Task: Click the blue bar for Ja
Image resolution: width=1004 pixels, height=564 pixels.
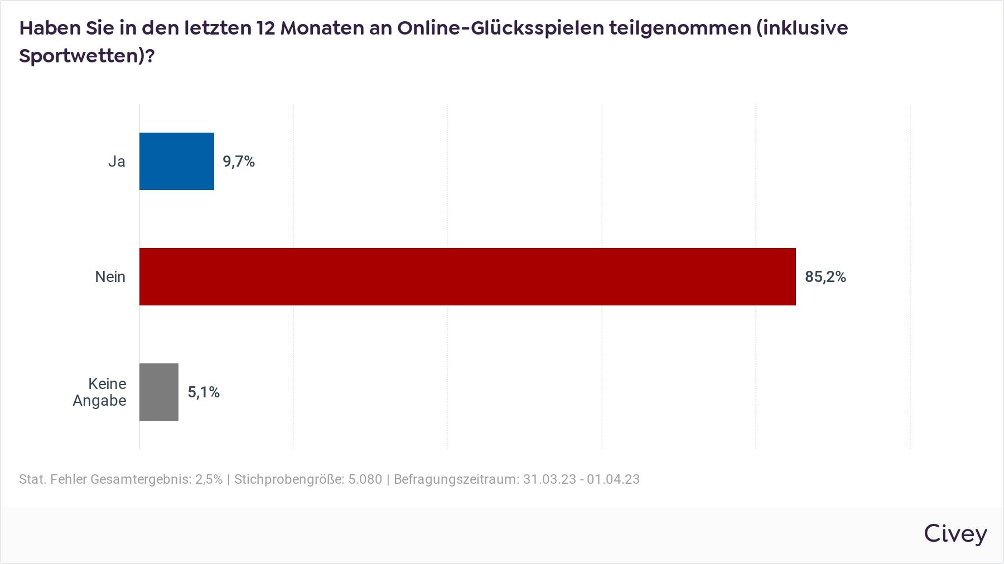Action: (176, 161)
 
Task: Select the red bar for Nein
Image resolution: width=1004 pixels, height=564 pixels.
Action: (467, 276)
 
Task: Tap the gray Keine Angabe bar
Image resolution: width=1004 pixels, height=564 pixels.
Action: (159, 392)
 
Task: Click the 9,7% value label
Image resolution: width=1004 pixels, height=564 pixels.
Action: (239, 162)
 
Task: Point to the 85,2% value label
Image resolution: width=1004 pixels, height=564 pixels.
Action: (825, 277)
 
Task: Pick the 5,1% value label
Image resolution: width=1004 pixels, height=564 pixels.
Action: (204, 392)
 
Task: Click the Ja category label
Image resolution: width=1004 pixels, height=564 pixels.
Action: (117, 162)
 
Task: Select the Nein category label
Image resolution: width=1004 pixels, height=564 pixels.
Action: (110, 277)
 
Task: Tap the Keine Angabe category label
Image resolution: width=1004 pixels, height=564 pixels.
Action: (100, 392)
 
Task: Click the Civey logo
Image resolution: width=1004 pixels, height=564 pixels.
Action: (955, 534)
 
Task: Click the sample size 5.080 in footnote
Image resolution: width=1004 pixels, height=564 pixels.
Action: (365, 479)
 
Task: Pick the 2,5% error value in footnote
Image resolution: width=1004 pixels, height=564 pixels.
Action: (209, 479)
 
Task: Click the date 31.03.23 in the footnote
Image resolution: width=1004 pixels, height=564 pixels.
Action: (549, 479)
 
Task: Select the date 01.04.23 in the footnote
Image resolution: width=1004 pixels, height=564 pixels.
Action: (613, 479)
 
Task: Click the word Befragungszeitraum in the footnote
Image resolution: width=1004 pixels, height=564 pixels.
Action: (455, 479)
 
